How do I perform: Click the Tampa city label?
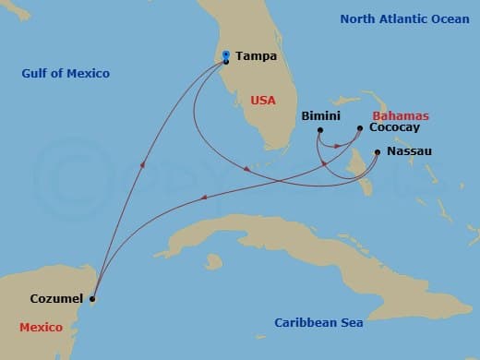click(x=253, y=56)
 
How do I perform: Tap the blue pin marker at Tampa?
click(x=225, y=57)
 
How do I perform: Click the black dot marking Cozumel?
click(x=92, y=298)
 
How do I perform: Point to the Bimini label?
click(x=321, y=116)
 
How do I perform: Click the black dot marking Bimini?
click(x=319, y=130)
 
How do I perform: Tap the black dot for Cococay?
click(x=360, y=129)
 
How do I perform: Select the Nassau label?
click(x=408, y=150)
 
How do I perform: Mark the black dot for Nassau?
click(x=378, y=151)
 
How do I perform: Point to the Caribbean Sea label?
click(x=318, y=322)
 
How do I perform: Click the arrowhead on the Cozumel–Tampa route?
click(x=141, y=165)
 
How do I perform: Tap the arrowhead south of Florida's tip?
click(x=246, y=169)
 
